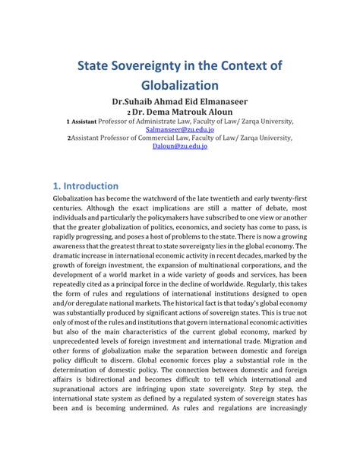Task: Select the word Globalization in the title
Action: point(180,85)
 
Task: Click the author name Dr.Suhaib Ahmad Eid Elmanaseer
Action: point(179,101)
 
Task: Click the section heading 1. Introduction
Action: point(85,185)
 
